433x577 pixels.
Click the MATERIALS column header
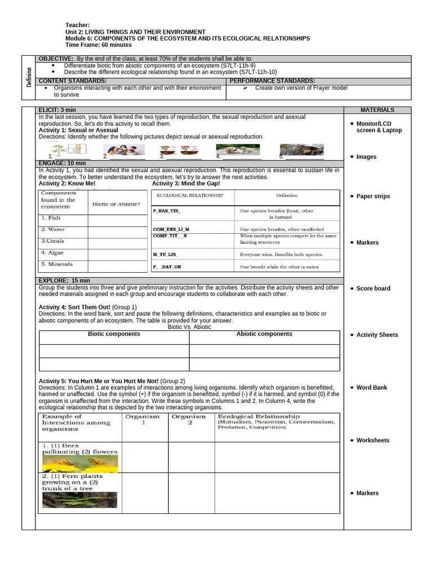(x=377, y=110)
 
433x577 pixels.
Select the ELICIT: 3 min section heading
(x=57, y=110)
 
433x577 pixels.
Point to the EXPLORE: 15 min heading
(x=64, y=281)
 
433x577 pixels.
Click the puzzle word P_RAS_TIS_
(x=167, y=211)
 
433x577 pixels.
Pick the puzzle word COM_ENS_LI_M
(x=171, y=230)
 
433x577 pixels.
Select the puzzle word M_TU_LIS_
(x=165, y=255)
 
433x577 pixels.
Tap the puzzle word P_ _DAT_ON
(x=167, y=267)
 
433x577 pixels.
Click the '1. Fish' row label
(x=50, y=218)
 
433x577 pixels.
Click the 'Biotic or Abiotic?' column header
(x=116, y=204)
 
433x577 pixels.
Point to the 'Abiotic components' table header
(x=264, y=334)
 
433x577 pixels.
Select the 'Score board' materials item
(x=373, y=288)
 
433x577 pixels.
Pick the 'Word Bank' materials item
(x=372, y=388)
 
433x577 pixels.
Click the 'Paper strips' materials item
(x=373, y=197)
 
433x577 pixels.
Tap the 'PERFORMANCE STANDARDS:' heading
(x=272, y=81)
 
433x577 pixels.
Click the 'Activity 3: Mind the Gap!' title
(x=186, y=184)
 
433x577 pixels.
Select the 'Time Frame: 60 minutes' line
(x=99, y=45)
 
